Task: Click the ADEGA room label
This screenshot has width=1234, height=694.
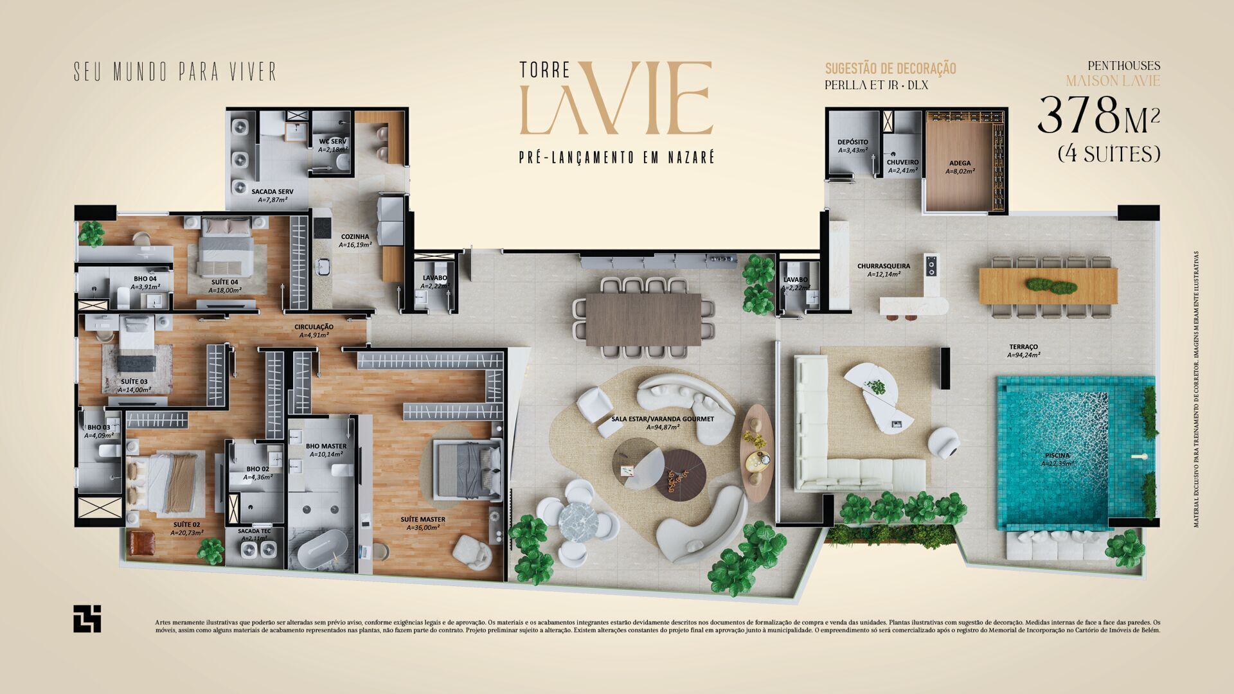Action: pos(960,163)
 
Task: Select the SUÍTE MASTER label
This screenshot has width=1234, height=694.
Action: pos(422,520)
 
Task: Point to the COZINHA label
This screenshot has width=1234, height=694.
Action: pos(355,236)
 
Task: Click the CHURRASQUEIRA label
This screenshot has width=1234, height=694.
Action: pos(883,266)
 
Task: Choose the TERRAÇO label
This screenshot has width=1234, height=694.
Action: pos(1023,347)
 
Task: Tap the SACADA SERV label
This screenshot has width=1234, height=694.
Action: pos(273,192)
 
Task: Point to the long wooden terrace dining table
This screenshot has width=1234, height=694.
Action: pos(1048,285)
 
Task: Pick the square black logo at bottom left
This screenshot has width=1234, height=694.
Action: pos(87,618)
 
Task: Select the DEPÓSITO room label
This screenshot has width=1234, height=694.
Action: pos(853,142)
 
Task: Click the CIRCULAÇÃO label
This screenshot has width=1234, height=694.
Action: pos(314,327)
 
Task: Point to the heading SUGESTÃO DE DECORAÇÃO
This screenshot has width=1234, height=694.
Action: pos(890,69)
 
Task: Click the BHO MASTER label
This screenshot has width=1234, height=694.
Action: pos(326,446)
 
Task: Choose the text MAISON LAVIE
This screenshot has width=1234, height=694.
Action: pos(1113,81)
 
